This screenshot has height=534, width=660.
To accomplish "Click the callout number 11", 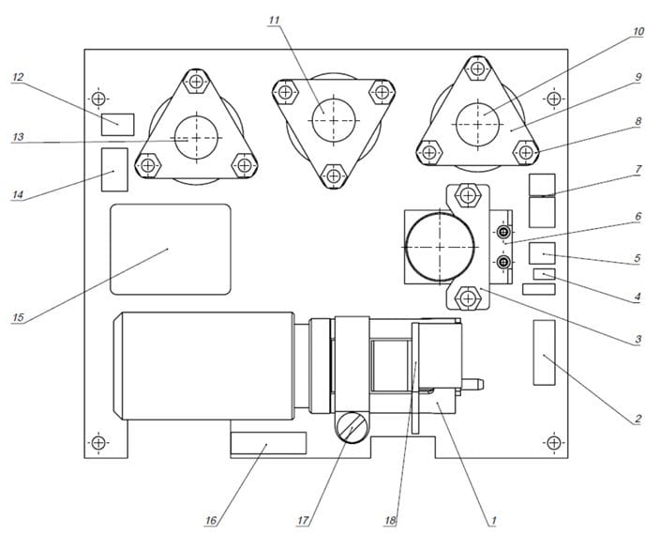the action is point(275,21).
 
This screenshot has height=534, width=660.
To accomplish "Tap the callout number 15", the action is point(18,317).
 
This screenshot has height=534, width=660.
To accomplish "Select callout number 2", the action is point(638,419).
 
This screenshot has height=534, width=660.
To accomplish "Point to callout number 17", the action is point(303,521).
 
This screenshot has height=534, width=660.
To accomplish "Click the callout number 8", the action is point(638,121).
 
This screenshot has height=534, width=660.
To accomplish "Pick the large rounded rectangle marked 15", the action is point(171,249).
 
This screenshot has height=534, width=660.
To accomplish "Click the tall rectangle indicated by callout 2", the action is point(545,352).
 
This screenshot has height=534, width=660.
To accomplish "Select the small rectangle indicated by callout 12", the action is point(118,124).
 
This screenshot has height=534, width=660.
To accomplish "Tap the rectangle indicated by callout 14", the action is point(114,170).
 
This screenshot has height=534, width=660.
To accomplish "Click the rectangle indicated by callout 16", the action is point(268,443).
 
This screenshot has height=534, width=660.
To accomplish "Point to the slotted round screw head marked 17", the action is point(351,427).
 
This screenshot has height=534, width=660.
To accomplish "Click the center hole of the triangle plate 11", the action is point(334,120).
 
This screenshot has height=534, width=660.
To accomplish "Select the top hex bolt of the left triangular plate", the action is point(197,82).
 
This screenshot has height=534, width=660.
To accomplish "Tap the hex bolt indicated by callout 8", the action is point(526,152).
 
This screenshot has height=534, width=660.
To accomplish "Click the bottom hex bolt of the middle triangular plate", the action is point(334,175).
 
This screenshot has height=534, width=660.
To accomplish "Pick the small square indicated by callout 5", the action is point(542,253).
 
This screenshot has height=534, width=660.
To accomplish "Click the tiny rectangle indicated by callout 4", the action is point(545,274).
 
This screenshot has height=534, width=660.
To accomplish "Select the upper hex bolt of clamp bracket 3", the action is point(468,195).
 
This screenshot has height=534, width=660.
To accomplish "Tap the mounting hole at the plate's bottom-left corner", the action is point(98,443).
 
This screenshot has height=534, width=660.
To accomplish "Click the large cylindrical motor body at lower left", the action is point(203,366).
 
